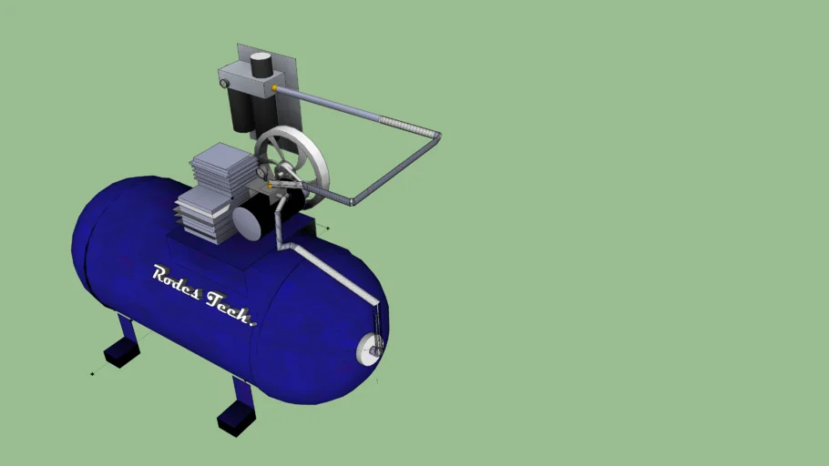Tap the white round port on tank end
pyautogui.click(x=371, y=347)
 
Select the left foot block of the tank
pyautogui.click(x=121, y=351)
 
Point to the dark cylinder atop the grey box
pyautogui.click(x=261, y=65)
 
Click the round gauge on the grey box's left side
pyautogui.click(x=224, y=84)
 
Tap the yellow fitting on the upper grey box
pyautogui.click(x=275, y=88)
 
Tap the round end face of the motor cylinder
pyautogui.click(x=246, y=221)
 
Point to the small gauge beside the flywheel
pyautogui.click(x=262, y=171)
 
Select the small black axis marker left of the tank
pyautogui.click(x=92, y=373)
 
